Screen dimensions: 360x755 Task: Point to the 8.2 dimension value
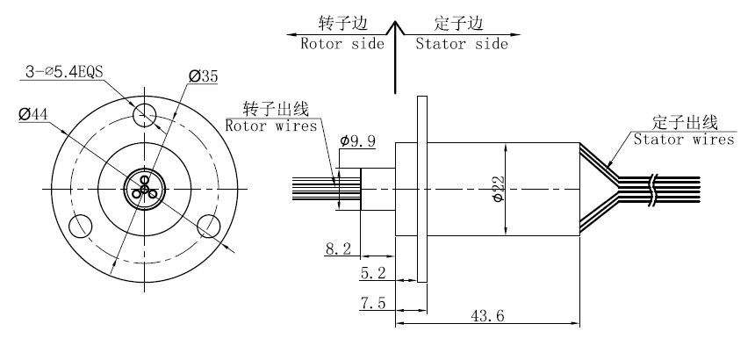[338, 249]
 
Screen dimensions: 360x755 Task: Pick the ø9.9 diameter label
[358, 140]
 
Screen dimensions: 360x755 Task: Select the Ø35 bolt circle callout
[204, 77]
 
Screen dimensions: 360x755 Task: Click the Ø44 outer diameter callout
[32, 113]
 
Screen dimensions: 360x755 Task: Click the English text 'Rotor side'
[342, 44]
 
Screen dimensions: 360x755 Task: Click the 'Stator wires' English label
[684, 139]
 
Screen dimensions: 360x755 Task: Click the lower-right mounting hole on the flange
[209, 226]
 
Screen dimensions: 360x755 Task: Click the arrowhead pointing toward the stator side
[514, 35]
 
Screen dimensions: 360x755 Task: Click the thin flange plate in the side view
[422, 189]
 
